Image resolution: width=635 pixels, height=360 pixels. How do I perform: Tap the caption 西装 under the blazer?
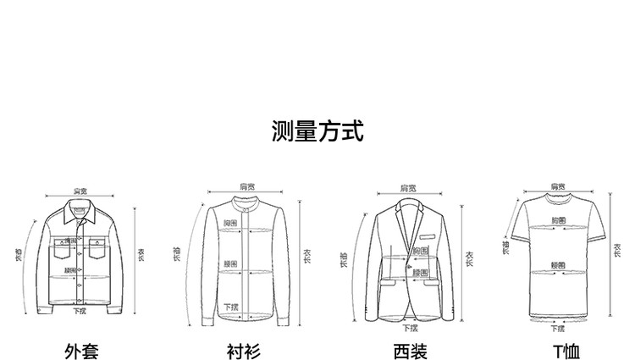(410, 349)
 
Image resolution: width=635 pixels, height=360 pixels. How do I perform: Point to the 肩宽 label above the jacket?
(80, 191)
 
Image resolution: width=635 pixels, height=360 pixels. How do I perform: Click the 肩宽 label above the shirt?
(246, 186)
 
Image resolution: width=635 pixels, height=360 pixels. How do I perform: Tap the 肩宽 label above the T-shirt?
(555, 184)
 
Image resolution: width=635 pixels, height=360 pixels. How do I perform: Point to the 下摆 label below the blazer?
(410, 328)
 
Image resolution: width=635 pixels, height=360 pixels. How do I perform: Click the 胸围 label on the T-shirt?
(558, 220)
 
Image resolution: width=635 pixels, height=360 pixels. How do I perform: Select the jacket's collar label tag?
(78, 209)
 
